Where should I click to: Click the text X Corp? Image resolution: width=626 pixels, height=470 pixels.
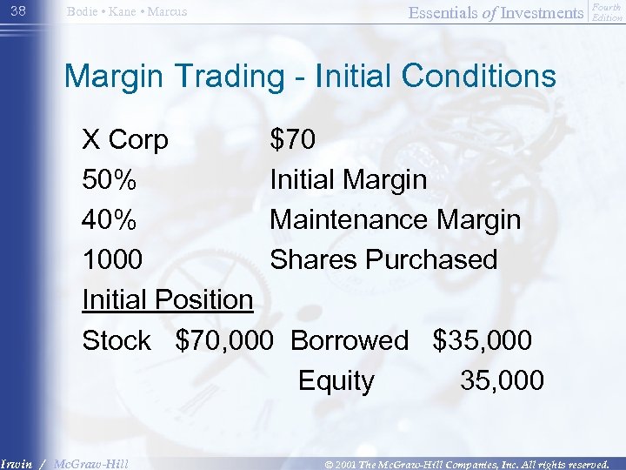[125, 139]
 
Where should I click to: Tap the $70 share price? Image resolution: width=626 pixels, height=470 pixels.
[293, 139]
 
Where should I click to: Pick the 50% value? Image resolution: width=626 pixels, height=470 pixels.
[109, 180]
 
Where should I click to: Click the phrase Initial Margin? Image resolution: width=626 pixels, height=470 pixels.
[348, 180]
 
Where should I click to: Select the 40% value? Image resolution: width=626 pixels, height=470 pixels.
[109, 220]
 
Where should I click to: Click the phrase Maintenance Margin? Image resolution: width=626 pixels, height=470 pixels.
[395, 220]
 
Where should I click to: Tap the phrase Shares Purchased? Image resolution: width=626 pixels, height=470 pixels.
[383, 260]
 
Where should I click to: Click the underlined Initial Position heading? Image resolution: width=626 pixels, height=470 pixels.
[167, 300]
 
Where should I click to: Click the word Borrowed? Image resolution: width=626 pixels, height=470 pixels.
[349, 340]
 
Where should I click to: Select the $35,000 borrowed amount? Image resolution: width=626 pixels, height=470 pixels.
[483, 340]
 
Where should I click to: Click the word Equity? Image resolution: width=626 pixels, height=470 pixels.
[336, 381]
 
